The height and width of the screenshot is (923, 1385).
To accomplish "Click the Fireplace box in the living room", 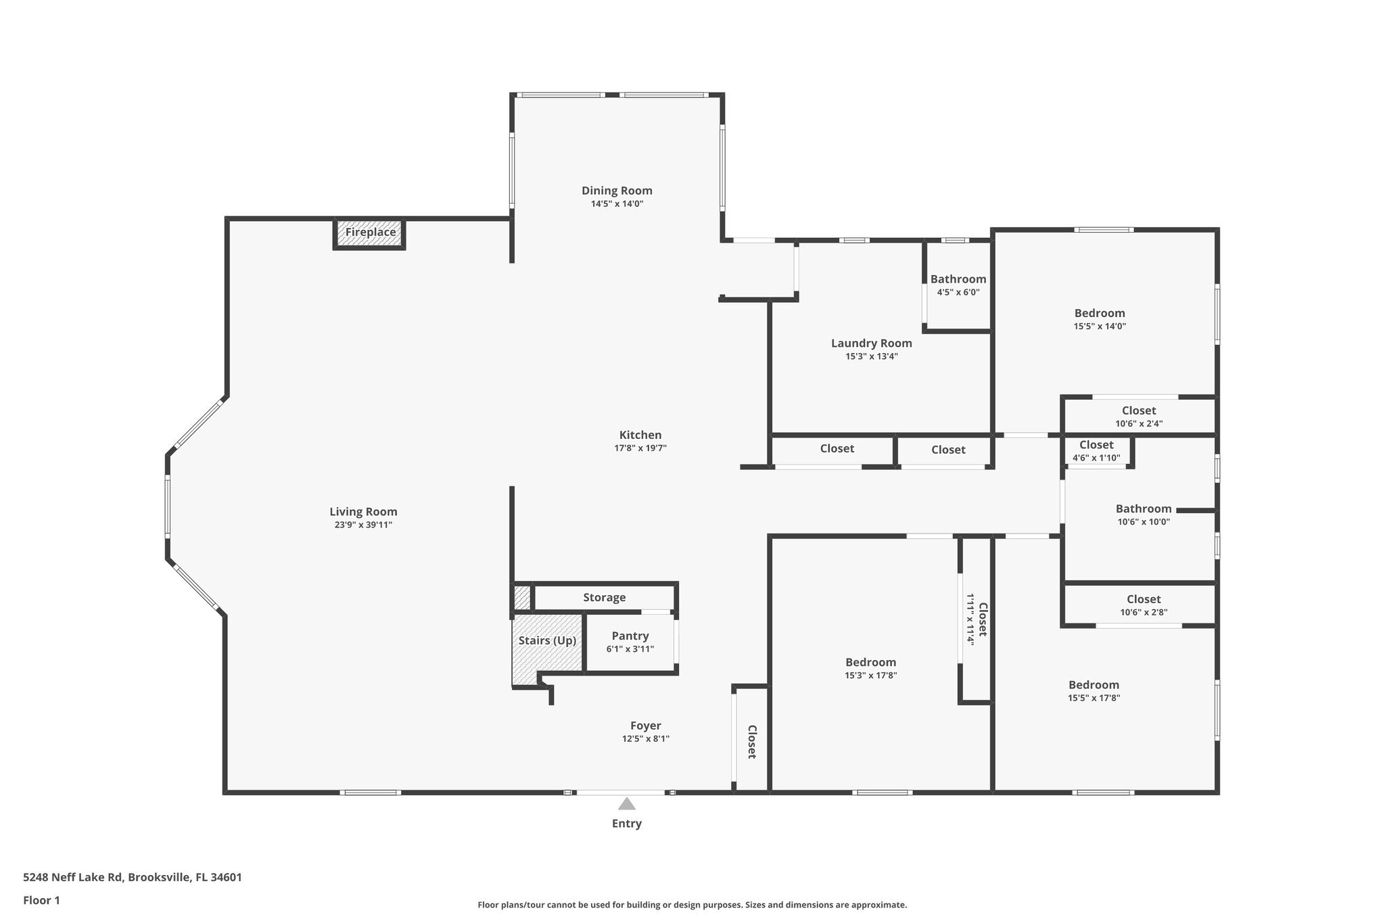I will click(370, 233).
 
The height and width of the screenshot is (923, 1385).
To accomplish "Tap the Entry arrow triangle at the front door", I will click(626, 804).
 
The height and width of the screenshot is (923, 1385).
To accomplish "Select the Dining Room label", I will click(617, 191).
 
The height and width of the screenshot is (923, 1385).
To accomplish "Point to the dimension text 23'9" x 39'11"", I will click(363, 525).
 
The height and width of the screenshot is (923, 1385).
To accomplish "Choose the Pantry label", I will click(630, 636).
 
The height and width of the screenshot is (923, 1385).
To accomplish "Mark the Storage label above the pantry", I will click(604, 598).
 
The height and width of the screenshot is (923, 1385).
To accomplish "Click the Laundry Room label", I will click(871, 344).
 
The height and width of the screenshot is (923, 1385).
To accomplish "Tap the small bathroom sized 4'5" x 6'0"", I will click(958, 285).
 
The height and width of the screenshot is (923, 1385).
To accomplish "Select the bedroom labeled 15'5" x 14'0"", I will click(1099, 318).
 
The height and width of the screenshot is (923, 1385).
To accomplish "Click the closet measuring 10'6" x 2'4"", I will click(1139, 417).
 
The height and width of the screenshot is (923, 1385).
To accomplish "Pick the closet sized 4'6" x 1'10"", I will click(1096, 451).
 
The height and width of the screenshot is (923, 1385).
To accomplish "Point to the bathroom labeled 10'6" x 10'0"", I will click(1143, 515).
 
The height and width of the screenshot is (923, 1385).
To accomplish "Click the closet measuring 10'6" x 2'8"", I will click(1144, 605).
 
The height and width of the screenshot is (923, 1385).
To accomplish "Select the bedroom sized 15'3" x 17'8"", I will click(870, 668).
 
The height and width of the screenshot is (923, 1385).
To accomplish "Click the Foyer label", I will click(645, 726).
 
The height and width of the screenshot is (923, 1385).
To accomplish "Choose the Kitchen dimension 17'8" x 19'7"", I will click(640, 448).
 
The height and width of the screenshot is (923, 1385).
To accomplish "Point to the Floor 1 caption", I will click(41, 900).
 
